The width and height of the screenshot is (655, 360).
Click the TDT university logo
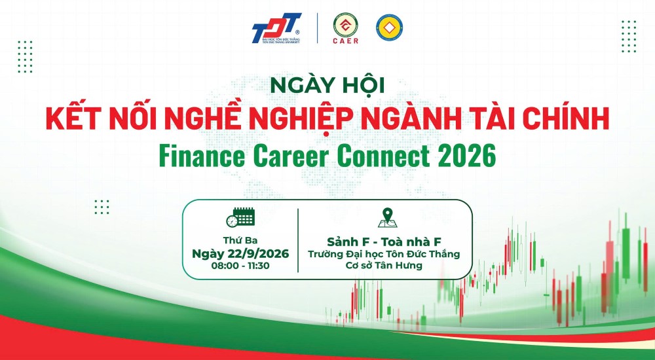click(x=276, y=28)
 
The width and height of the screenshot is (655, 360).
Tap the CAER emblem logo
click(x=345, y=28)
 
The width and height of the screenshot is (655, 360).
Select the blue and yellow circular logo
click(x=389, y=27)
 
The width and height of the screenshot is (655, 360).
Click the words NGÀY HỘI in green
click(x=327, y=85)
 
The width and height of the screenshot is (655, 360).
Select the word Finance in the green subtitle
click(x=202, y=156)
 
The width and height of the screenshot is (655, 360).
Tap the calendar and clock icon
click(x=240, y=217)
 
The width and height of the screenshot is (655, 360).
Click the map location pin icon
click(x=387, y=217)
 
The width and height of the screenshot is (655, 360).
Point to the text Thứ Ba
click(x=240, y=241)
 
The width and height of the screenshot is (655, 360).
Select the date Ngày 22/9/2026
click(x=240, y=253)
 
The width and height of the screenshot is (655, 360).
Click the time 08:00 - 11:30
click(x=240, y=266)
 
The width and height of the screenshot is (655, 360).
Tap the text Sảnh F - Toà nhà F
click(x=384, y=242)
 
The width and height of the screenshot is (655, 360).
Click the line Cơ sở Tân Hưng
click(x=384, y=265)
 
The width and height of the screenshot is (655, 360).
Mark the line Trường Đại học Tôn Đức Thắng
click(x=384, y=254)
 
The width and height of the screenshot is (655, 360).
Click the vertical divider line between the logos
click(x=318, y=28)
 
